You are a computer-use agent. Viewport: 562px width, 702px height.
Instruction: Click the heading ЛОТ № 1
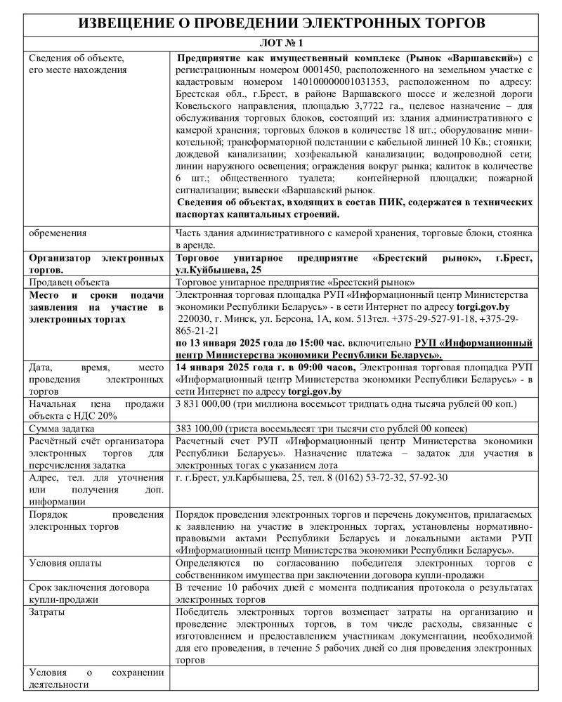[x=280, y=43]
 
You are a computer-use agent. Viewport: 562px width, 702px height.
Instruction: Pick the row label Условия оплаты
[x=65, y=564]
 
